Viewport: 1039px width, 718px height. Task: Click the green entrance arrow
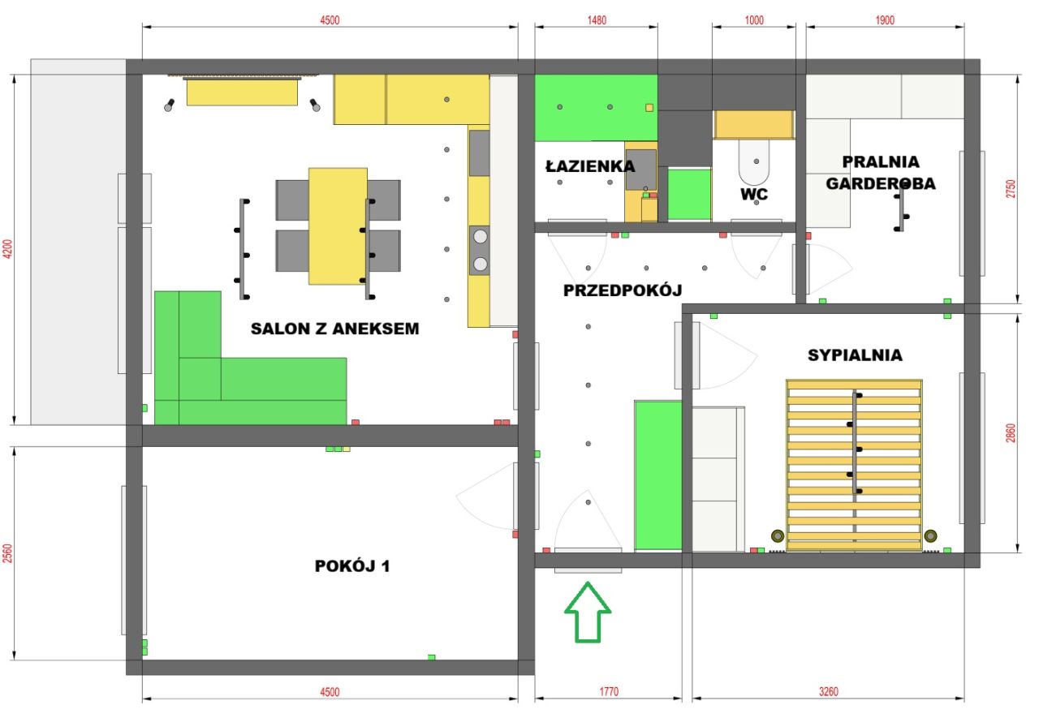coord(588,612)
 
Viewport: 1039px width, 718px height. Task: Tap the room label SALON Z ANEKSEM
coord(335,329)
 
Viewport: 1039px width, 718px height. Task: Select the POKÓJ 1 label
coord(352,566)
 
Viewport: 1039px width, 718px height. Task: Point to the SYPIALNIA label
coord(856,355)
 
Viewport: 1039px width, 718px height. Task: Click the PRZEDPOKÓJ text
coord(623,290)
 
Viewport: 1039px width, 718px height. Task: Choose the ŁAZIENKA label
coord(590,166)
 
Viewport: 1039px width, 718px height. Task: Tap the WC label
coord(754,194)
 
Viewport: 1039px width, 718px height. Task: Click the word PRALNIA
coord(881,161)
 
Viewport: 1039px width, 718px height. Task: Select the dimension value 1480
coord(597,20)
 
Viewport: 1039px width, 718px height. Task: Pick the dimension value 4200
coord(7,249)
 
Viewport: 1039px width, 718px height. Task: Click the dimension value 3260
coord(829,691)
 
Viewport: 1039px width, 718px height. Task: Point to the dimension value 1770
coord(609,691)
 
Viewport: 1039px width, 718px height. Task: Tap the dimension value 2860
coord(1011,433)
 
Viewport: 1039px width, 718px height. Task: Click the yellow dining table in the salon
coord(338,226)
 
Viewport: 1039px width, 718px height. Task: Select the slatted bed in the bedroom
coord(854,465)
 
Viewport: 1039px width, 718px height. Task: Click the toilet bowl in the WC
coord(754,162)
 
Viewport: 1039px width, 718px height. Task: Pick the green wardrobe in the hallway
coord(658,475)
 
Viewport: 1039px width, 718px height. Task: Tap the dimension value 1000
coord(754,20)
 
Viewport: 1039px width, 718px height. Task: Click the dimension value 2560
coord(7,553)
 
